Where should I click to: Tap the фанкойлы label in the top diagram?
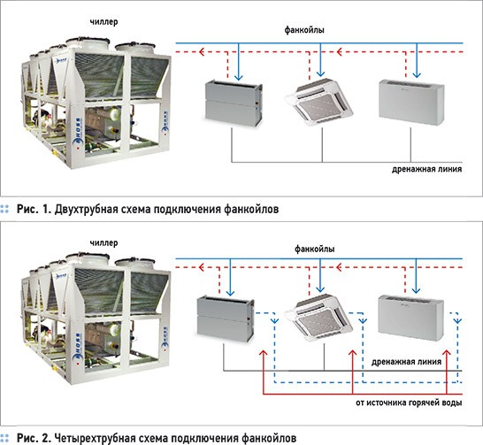(x=303, y=30)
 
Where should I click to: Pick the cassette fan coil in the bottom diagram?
(x=323, y=318)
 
